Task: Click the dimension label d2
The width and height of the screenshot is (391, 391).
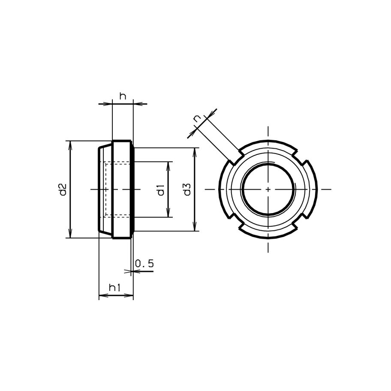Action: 63,189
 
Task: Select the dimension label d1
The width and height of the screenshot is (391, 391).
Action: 161,190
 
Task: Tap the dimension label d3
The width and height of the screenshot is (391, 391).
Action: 187,189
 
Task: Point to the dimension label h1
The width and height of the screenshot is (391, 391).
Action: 115,288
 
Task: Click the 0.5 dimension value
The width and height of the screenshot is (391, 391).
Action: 144,263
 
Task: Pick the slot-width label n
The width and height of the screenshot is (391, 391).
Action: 198,119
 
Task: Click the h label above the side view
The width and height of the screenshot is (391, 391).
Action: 123,96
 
